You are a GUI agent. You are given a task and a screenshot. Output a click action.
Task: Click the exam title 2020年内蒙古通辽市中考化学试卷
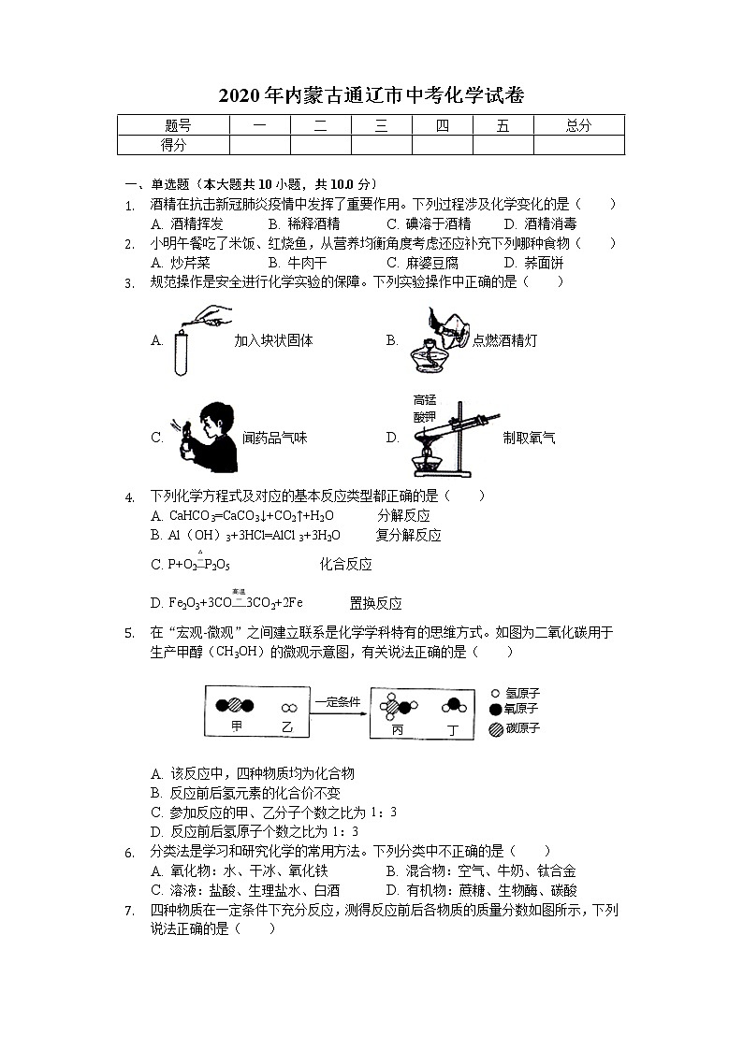(x=371, y=94)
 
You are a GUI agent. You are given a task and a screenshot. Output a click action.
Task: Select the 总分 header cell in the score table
(x=578, y=125)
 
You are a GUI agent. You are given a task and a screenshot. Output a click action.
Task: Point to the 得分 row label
(x=174, y=145)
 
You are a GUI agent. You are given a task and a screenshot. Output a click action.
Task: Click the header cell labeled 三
(x=381, y=125)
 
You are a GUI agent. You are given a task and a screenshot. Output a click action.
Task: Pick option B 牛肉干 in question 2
(x=298, y=263)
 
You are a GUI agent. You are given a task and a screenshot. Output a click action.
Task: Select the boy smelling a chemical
(x=202, y=436)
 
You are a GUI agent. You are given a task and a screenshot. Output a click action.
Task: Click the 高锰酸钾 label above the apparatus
(x=425, y=407)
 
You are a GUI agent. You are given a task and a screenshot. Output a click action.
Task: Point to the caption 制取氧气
(x=529, y=437)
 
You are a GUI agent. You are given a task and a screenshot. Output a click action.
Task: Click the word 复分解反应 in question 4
(x=408, y=536)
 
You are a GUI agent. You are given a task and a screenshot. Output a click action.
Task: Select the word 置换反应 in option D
(x=375, y=603)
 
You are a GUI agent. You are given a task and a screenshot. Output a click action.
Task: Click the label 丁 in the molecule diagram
(x=453, y=727)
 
